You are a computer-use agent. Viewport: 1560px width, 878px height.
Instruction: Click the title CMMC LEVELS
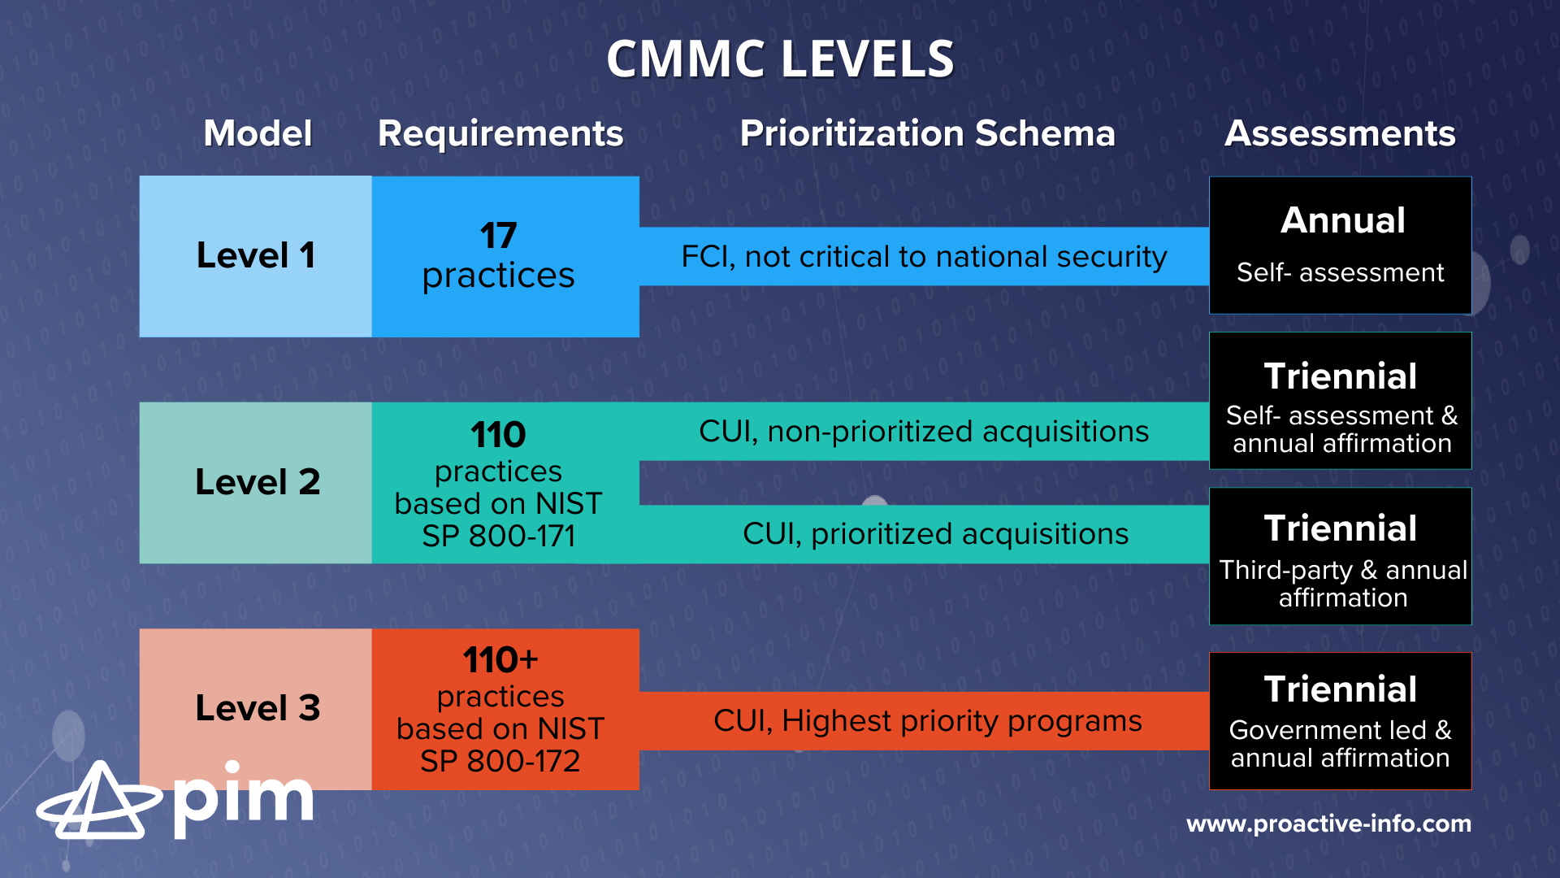[x=780, y=59]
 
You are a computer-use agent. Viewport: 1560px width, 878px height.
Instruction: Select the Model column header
[x=258, y=133]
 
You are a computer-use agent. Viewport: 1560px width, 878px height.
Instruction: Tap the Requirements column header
[x=500, y=133]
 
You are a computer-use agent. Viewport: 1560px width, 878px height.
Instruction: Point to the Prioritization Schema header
[x=927, y=133]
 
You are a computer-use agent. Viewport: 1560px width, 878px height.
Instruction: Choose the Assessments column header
[x=1340, y=133]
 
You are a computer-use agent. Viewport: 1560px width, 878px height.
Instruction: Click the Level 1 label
[x=256, y=255]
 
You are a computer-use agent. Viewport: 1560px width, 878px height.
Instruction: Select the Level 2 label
[x=258, y=482]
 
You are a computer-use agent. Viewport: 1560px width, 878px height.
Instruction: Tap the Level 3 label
[x=258, y=708]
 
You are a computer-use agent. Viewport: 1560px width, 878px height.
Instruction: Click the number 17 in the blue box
[x=498, y=236]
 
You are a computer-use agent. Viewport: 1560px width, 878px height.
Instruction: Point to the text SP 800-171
[x=498, y=537]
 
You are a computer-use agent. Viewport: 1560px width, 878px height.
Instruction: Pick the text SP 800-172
[x=500, y=762]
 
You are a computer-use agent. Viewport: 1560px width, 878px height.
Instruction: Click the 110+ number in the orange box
[x=500, y=660]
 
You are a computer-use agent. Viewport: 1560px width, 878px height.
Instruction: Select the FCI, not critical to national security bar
[x=924, y=257]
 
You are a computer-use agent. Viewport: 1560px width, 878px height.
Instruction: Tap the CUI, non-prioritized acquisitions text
[x=924, y=432]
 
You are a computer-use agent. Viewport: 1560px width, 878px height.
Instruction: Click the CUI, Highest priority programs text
[x=927, y=721]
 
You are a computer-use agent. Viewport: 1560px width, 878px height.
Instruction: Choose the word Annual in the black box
[x=1342, y=220]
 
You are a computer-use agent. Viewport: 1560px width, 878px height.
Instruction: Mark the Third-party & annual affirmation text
[x=1342, y=584]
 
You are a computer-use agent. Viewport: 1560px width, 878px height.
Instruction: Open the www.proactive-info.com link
[x=1328, y=824]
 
